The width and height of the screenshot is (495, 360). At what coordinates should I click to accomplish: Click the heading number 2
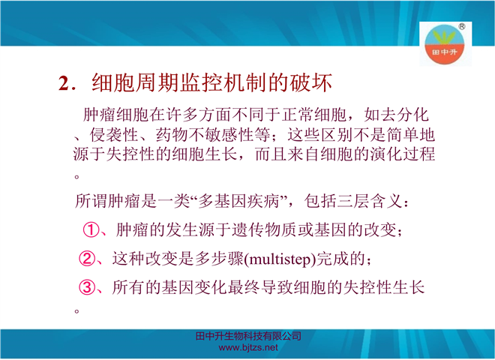tap(64, 84)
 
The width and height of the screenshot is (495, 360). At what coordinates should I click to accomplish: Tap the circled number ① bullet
tap(91, 229)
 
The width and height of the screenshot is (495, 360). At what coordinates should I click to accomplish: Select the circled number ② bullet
tap(87, 259)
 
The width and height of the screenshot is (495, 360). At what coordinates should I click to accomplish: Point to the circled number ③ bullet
tap(87, 288)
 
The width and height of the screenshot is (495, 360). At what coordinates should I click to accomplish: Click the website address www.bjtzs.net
tap(248, 348)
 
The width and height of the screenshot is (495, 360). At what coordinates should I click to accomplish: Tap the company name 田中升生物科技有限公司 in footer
tap(248, 336)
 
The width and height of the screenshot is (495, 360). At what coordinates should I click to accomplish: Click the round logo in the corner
tap(445, 44)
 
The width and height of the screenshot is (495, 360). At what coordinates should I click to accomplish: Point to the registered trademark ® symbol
tap(462, 26)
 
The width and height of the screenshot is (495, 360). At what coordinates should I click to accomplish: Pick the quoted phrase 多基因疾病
tap(238, 201)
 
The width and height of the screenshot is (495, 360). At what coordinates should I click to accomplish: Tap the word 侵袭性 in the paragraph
tap(114, 135)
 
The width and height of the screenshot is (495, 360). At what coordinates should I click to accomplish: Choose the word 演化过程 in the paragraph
tap(403, 154)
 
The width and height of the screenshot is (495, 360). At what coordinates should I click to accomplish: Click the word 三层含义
tap(370, 201)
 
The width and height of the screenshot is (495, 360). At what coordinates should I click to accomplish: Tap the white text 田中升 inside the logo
tap(445, 52)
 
